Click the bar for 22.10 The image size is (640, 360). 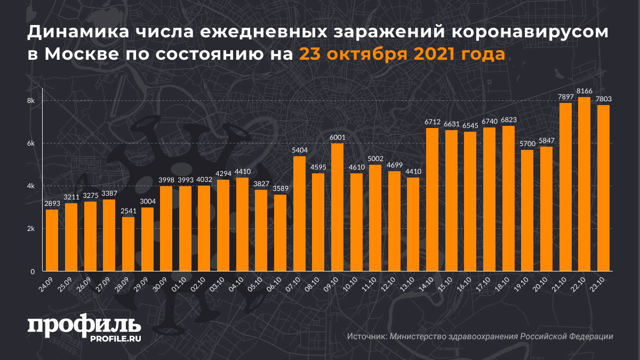[x=584, y=184]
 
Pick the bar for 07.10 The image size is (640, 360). [x=299, y=213]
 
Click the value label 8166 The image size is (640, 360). [x=584, y=91]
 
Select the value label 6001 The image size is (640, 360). [x=337, y=138]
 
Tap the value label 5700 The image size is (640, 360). [x=526, y=144]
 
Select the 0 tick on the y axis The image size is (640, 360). [x=33, y=271]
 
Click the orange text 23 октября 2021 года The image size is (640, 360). [x=402, y=54]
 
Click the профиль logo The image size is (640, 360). [x=84, y=325]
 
